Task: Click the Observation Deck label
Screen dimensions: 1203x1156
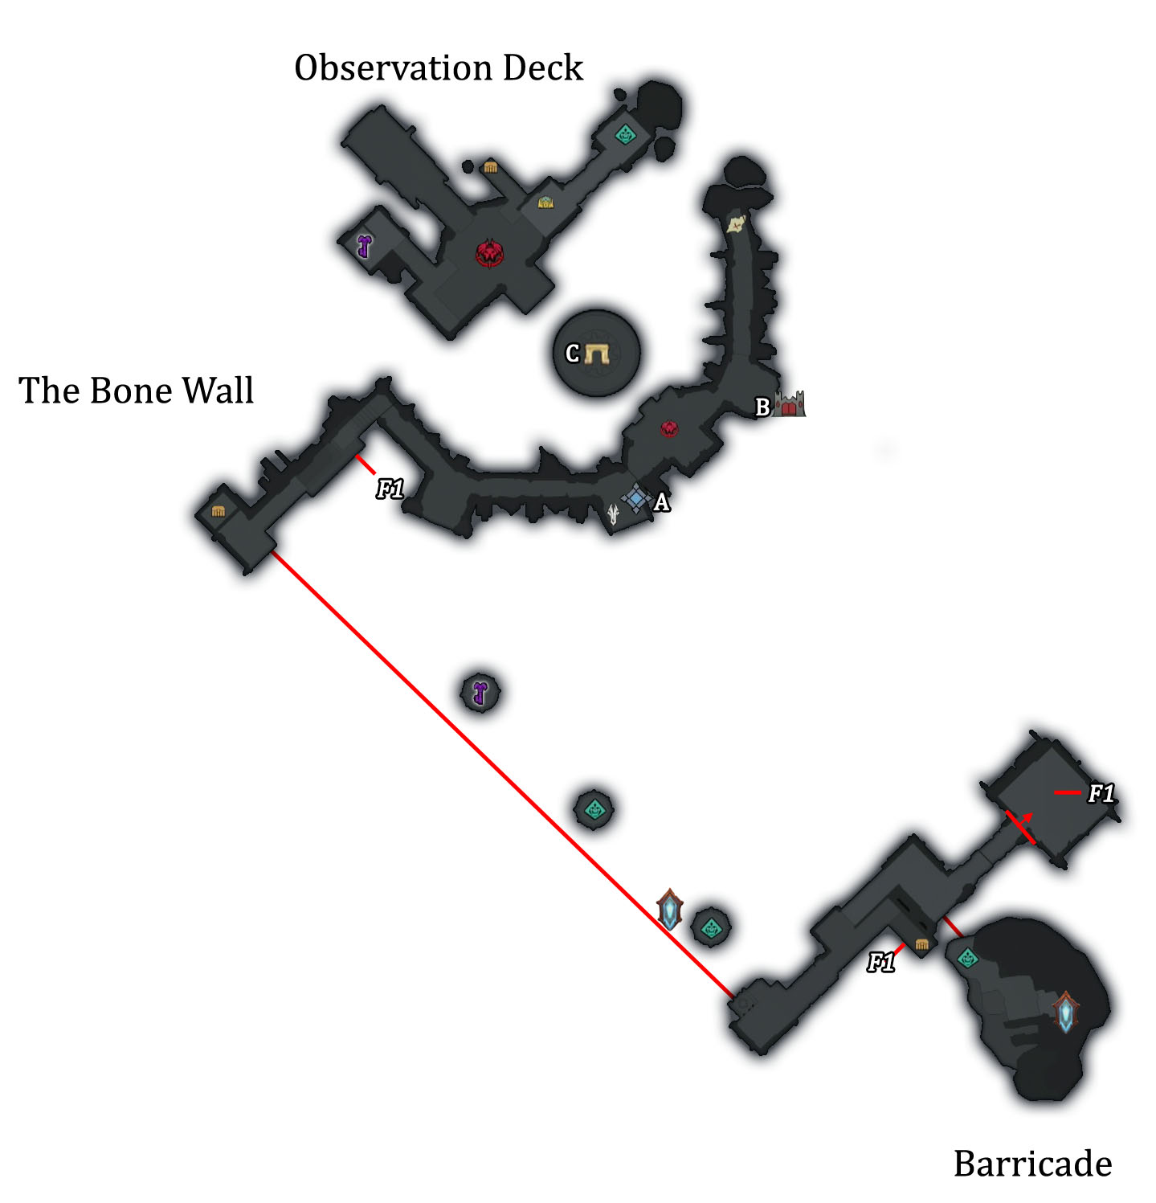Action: point(438,68)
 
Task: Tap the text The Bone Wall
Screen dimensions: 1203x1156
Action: point(136,391)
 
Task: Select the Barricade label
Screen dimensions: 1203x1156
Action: point(1032,1163)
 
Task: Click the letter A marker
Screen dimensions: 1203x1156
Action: point(662,503)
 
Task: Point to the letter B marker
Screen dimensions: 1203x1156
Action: point(762,407)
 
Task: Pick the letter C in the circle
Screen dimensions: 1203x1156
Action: point(572,354)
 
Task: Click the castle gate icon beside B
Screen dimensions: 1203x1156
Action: point(790,404)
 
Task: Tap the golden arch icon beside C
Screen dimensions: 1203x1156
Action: point(597,354)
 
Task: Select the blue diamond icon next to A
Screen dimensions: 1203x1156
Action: point(637,498)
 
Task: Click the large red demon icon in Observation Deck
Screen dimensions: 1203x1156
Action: point(489,253)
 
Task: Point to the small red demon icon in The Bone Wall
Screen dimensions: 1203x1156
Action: point(669,428)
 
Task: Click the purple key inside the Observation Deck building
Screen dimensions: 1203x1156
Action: point(365,245)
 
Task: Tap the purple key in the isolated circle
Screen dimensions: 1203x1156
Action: point(480,693)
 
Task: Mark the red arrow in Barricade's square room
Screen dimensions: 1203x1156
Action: point(1022,825)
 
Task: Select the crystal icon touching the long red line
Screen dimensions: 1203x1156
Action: point(670,910)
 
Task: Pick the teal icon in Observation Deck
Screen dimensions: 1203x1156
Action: point(625,134)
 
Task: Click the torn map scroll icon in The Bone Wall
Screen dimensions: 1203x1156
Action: point(736,223)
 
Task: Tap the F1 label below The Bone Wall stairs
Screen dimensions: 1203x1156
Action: point(390,489)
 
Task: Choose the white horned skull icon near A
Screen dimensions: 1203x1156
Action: point(614,514)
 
